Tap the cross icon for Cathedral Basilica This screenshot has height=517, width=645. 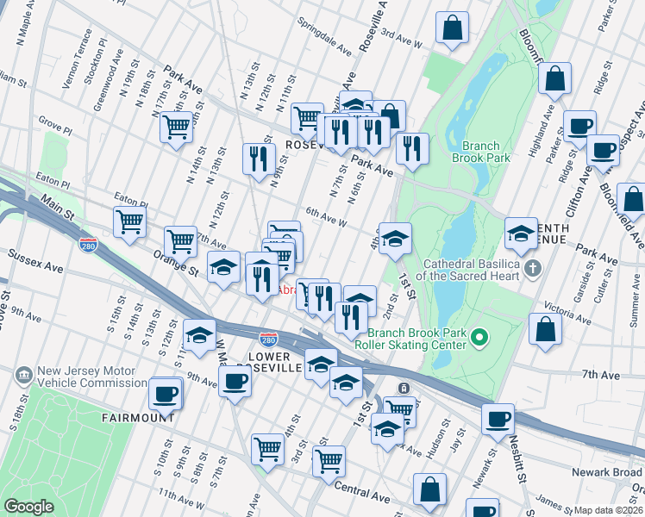tap(534, 269)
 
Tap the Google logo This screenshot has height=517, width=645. tap(28, 507)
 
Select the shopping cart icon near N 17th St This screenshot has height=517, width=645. tap(176, 128)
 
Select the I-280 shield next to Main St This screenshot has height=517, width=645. tap(88, 245)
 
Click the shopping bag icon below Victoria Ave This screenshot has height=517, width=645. tap(546, 330)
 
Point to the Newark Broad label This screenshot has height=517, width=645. tap(613, 471)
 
